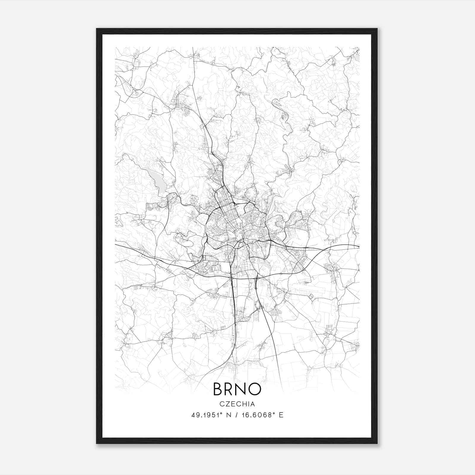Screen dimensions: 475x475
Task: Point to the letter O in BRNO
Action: pyautogui.click(x=256, y=389)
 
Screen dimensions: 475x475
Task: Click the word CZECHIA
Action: pyautogui.click(x=237, y=404)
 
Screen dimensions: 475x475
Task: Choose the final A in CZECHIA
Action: pyautogui.click(x=253, y=404)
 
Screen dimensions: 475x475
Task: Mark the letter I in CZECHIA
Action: pyautogui.click(x=248, y=404)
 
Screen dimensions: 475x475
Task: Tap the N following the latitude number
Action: pyautogui.click(x=229, y=415)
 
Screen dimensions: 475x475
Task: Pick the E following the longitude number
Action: pyautogui.click(x=281, y=415)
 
